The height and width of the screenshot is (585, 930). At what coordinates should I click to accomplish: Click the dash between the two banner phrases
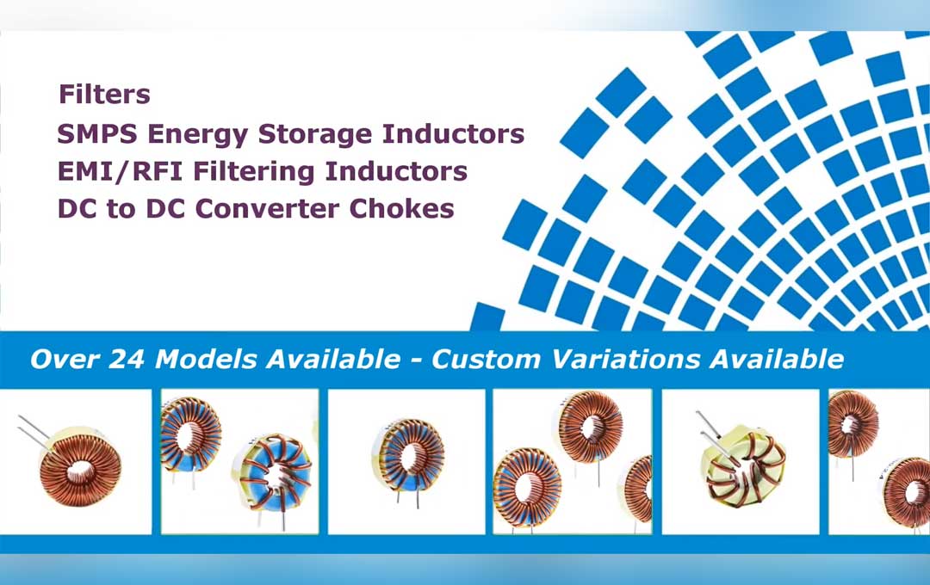pyautogui.click(x=414, y=360)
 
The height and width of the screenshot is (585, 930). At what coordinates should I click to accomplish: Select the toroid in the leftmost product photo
pyautogui.click(x=80, y=468)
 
